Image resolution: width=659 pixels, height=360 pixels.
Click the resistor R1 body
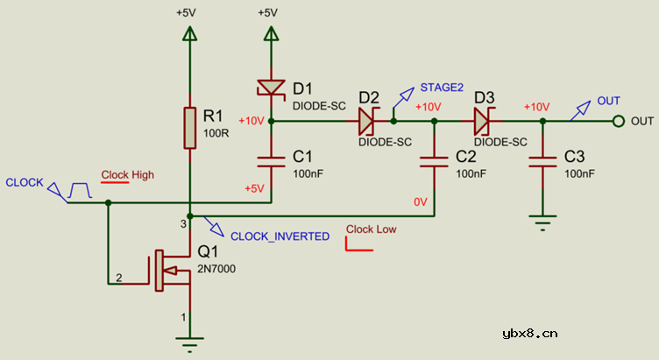[189, 128]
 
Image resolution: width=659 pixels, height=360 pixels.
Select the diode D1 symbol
[270, 88]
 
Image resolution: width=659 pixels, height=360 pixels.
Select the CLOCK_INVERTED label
[280, 236]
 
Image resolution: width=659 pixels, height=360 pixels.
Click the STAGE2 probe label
[442, 88]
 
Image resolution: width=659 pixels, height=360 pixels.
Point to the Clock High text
[127, 175]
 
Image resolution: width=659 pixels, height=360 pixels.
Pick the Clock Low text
[372, 230]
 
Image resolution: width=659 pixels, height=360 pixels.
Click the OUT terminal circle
[618, 121]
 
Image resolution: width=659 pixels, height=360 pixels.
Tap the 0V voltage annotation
[421, 202]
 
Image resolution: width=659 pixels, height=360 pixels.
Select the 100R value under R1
[215, 133]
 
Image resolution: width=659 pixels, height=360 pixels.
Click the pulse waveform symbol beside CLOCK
[80, 189]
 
